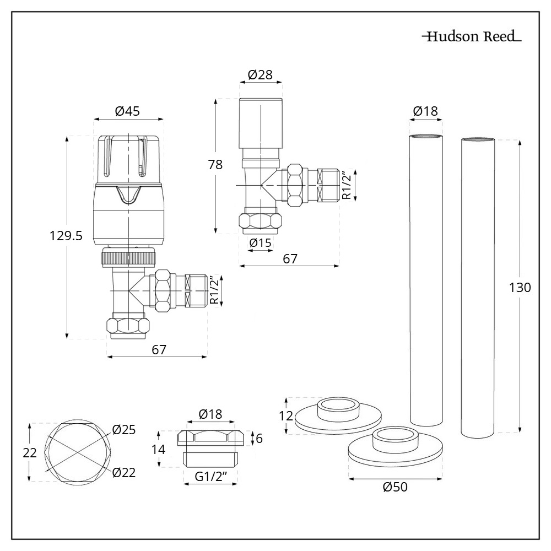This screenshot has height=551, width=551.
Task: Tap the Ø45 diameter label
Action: [x=127, y=111]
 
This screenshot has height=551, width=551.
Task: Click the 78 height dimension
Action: [x=215, y=165]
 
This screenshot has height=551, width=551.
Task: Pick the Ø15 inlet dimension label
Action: [x=261, y=242]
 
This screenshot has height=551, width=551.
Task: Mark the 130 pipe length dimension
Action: [x=520, y=287]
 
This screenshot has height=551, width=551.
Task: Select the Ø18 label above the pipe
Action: [x=425, y=111]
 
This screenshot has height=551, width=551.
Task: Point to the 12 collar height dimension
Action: [x=285, y=415]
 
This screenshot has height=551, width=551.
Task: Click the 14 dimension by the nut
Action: [x=158, y=449]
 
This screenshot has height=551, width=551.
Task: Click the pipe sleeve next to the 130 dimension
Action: [x=478, y=287]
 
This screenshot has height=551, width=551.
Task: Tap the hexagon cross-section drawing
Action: [x=77, y=452]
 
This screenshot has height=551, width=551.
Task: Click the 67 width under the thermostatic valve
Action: [x=159, y=349]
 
